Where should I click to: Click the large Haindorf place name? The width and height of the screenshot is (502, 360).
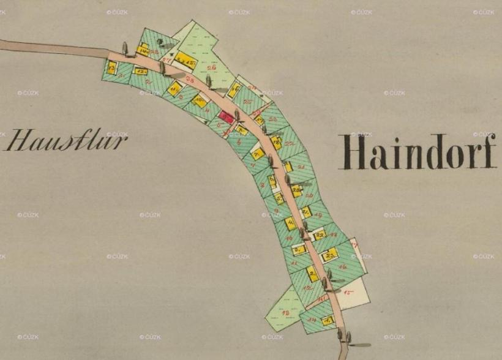point(418,152)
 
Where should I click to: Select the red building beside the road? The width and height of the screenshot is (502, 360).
point(227,116)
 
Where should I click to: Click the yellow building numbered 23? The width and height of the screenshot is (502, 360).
point(330,254)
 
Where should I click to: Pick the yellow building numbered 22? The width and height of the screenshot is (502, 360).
point(319,235)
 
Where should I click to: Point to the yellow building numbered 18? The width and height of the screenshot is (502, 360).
point(276,143)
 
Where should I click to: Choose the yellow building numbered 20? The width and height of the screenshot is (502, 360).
point(296,190)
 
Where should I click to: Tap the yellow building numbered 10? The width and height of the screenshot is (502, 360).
point(200,101)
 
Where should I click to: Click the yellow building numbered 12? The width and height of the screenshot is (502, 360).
point(140,71)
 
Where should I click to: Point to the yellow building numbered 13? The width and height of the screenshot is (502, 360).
point(111,67)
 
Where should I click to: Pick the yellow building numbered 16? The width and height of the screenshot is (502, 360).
point(233,90)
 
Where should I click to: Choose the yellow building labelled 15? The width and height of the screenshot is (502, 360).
point(184,59)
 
